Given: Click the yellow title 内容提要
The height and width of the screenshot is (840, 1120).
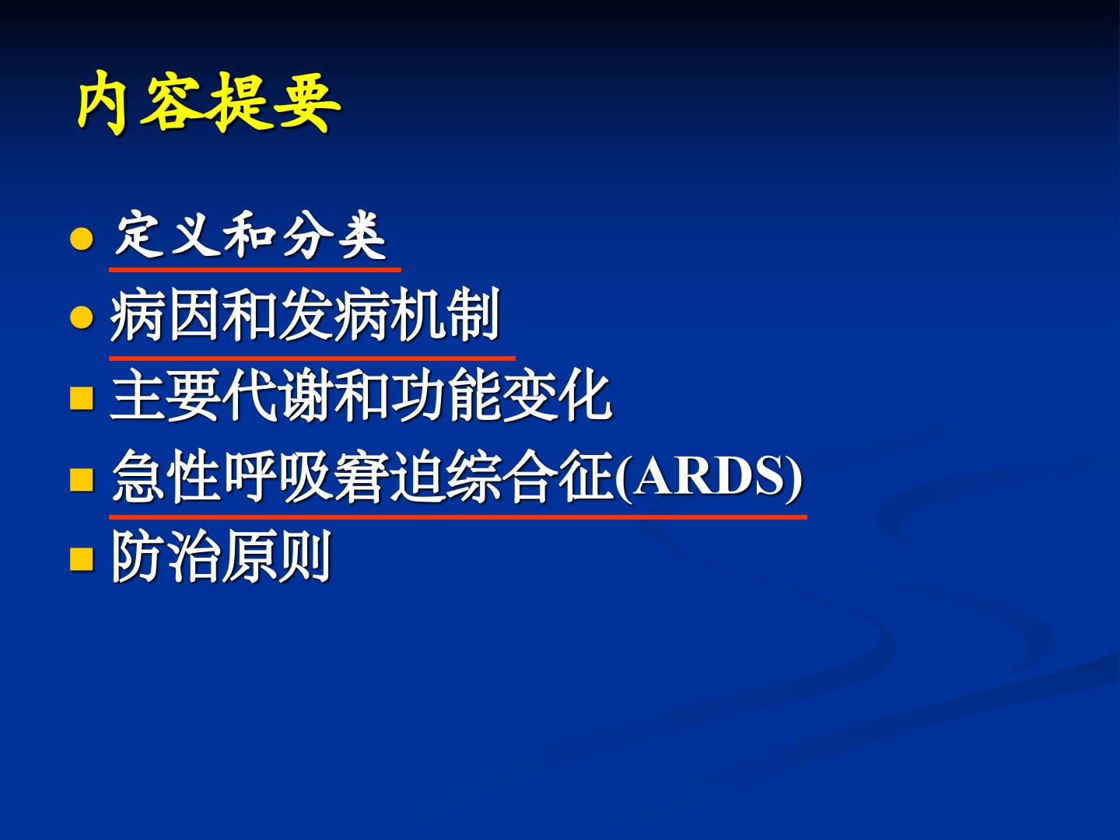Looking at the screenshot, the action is pyautogui.click(x=209, y=103).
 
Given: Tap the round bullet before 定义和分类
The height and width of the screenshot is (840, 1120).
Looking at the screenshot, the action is pyautogui.click(x=82, y=239).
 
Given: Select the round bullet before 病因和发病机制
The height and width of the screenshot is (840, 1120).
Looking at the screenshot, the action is pyautogui.click(x=82, y=317).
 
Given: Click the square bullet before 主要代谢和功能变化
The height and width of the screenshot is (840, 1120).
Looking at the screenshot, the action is pyautogui.click(x=82, y=398).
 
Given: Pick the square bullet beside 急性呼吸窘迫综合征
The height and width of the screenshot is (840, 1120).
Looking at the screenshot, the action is pyautogui.click(x=82, y=479).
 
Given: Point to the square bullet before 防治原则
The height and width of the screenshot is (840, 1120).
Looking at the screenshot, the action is pyautogui.click(x=82, y=558).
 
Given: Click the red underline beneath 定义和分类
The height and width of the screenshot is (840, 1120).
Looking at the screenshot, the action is pyautogui.click(x=255, y=269).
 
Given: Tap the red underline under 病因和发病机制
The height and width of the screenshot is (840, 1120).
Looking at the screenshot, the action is pyautogui.click(x=312, y=358).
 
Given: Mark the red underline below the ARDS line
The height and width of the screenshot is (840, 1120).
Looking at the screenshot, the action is pyautogui.click(x=458, y=516).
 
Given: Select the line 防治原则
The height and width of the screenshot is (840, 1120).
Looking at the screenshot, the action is pyautogui.click(x=222, y=556).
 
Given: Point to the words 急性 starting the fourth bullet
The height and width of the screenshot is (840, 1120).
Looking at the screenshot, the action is pyautogui.click(x=167, y=477).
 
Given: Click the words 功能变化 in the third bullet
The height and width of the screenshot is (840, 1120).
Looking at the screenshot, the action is pyautogui.click(x=502, y=395).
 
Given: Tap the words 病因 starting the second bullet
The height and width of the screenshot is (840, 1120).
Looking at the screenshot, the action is pyautogui.click(x=166, y=315).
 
